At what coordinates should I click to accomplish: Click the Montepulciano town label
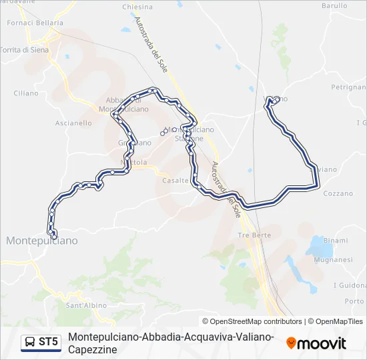[41, 240]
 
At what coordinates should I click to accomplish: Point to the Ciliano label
[26, 93]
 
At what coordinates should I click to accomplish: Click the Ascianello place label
[73, 123]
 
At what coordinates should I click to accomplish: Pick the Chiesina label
[137, 7]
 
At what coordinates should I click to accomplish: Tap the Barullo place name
[334, 5]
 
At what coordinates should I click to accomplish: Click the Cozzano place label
[338, 193]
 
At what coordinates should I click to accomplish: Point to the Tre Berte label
[254, 235]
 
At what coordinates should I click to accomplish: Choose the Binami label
[335, 240]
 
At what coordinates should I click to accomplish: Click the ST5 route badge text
[48, 342]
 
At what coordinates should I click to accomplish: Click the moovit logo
[316, 343]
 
